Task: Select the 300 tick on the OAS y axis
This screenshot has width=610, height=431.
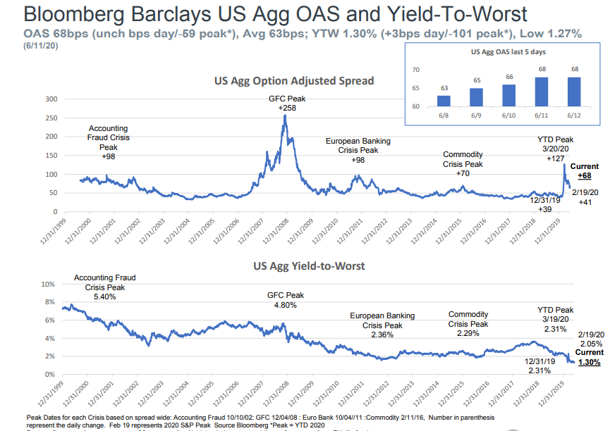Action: click(x=50, y=99)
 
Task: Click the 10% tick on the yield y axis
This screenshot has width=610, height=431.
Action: click(x=49, y=284)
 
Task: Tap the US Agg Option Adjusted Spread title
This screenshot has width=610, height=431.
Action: click(x=294, y=81)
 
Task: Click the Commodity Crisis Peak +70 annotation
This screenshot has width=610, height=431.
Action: click(x=463, y=163)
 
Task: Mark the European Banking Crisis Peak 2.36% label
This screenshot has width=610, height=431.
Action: click(x=382, y=325)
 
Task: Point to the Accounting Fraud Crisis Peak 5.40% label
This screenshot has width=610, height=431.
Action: click(x=104, y=287)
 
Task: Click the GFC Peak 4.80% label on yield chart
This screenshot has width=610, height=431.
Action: click(x=286, y=300)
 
